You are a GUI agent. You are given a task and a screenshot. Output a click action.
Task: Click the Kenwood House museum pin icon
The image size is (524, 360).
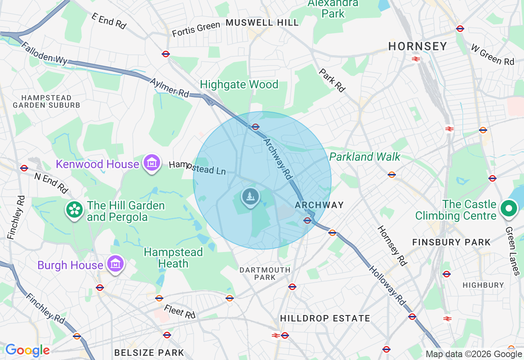pyautogui.click(x=152, y=163)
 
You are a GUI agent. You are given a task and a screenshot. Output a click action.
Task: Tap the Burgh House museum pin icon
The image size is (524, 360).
pyautogui.click(x=115, y=264)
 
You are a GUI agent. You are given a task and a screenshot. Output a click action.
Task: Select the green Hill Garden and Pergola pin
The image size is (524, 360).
pyautogui.click(x=74, y=210)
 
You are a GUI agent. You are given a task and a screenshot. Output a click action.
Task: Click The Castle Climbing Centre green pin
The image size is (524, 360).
pyautogui.click(x=509, y=209)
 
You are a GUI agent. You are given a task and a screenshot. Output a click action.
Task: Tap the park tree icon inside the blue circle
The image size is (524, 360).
pyautogui.click(x=251, y=197)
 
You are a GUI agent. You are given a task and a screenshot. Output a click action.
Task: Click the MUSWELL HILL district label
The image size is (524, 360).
pyautogui.click(x=262, y=23)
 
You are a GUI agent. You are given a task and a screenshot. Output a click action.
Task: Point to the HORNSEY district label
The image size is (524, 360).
pyautogui.click(x=418, y=46)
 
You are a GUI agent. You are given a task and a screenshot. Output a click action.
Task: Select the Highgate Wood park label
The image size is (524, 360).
pyautogui.click(x=239, y=85)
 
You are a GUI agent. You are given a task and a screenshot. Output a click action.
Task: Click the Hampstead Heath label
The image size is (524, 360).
pyautogui.click(x=173, y=258)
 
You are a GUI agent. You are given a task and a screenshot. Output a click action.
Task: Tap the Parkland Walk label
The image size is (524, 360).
pyautogui.click(x=365, y=157)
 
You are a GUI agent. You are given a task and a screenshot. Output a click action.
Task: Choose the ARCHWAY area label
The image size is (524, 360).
pyautogui.click(x=319, y=205)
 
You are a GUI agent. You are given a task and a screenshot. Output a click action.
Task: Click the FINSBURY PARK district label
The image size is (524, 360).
pyautogui.click(x=451, y=242)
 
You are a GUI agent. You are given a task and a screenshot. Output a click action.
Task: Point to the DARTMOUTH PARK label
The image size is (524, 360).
pyautogui.click(x=265, y=274)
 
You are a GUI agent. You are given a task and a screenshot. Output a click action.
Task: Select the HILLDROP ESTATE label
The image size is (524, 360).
pyautogui.click(x=325, y=318)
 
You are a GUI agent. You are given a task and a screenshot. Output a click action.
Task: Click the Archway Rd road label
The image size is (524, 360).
pyautogui.click(x=278, y=159)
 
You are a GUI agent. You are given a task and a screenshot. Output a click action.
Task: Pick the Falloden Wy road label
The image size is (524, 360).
pyautogui.click(x=44, y=53)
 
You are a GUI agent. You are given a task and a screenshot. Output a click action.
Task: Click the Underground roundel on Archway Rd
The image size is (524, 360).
pyautogui.click(x=255, y=127)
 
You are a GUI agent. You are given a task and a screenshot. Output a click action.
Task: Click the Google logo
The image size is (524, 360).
pyautogui.click(x=27, y=350)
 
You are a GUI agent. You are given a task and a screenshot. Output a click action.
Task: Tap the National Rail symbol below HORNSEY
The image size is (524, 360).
pyautogui.click(x=416, y=59)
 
